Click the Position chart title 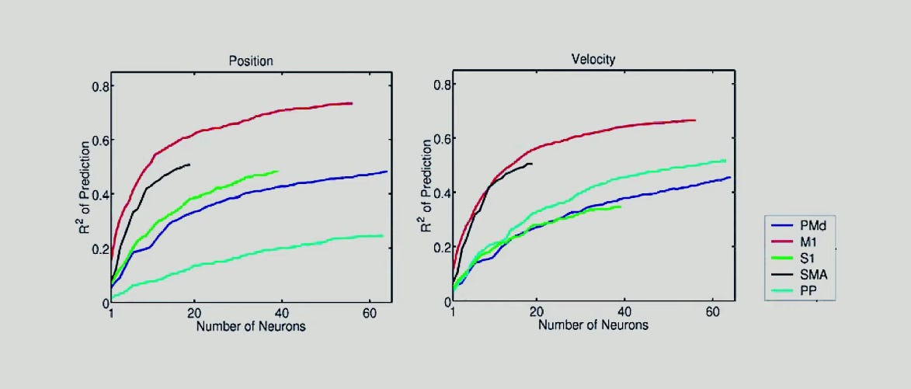coord(250,61)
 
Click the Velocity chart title coord(593,59)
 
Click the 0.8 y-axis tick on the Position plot coord(99,85)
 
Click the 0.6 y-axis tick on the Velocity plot coord(440,138)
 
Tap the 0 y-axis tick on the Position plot coord(103,303)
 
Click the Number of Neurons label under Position coord(250,326)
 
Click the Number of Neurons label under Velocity coord(593,325)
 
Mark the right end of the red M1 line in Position coord(352,103)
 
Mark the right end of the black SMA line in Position coord(190,165)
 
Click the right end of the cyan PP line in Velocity coord(725,161)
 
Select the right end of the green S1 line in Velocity coord(621,207)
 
